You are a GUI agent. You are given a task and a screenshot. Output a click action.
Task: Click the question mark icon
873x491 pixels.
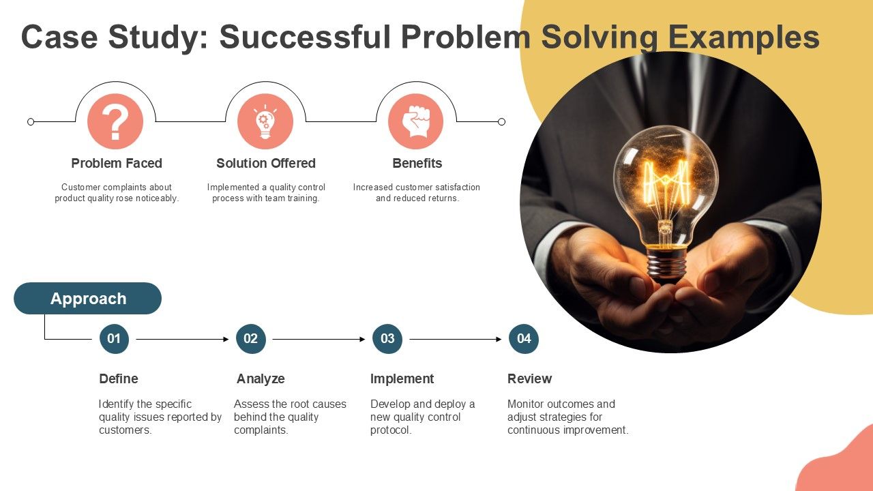pos(115,121)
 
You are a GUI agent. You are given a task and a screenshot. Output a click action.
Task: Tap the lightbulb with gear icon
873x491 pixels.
pos(265,121)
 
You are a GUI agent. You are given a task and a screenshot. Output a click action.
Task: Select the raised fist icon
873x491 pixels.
pos(416,121)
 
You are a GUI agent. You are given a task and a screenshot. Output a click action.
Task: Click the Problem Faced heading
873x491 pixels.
pos(117,163)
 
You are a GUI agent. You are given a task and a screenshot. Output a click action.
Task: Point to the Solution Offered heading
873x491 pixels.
pos(266,163)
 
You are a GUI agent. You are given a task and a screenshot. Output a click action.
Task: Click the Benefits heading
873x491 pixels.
pos(417,163)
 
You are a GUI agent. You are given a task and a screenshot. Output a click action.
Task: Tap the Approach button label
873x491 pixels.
pos(88,299)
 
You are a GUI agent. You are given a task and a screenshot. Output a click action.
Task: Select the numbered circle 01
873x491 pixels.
pos(114,339)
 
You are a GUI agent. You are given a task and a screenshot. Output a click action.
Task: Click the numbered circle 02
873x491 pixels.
pos(250,339)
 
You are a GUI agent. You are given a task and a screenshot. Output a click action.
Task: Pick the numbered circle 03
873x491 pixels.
pos(387,339)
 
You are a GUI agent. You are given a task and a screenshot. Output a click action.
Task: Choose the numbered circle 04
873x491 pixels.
pos(524,339)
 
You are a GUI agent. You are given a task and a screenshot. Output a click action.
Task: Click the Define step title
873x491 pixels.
pos(119,378)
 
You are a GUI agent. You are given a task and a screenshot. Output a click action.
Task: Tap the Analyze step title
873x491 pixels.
pos(261,378)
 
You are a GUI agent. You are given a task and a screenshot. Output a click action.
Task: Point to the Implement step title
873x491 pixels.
pos(402,378)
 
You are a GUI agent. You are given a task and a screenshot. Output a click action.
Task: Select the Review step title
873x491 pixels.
pos(529,378)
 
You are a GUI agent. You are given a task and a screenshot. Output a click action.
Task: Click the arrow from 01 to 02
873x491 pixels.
pos(182,340)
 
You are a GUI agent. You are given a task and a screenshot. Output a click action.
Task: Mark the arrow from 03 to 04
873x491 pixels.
pos(456,340)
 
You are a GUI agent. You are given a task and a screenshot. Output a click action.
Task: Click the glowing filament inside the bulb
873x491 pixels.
pos(665,183)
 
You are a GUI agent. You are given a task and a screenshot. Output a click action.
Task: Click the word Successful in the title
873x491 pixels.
pos(305,37)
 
